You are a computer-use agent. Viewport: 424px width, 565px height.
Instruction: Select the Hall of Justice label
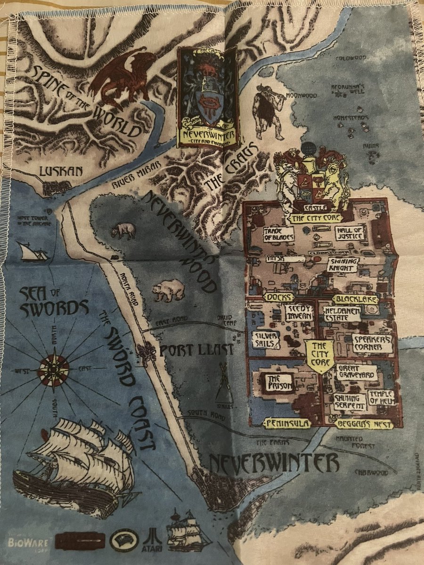coord(350,233)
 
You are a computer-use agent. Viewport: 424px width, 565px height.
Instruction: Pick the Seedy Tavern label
coord(299,312)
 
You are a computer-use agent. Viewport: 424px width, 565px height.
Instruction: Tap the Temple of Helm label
coord(381,397)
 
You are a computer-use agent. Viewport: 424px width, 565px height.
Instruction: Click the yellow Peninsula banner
coord(287,424)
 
